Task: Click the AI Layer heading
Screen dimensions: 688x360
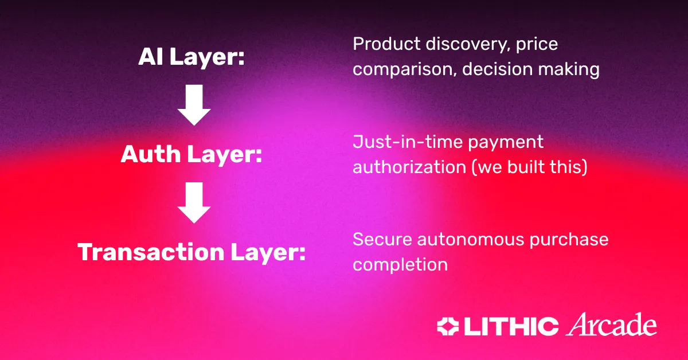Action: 191,57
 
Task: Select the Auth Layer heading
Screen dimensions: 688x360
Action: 191,155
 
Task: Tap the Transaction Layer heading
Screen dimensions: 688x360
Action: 191,252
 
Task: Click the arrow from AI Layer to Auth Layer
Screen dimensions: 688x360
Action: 194,105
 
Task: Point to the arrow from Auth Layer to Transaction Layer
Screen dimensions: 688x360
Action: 194,202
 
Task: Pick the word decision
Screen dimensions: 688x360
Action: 497,69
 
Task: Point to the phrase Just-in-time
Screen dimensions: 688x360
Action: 408,142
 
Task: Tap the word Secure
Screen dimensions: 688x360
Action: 382,240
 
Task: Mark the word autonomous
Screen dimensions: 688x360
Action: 471,240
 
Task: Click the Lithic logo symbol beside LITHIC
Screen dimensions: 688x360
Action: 448,327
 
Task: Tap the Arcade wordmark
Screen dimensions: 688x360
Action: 612,324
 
